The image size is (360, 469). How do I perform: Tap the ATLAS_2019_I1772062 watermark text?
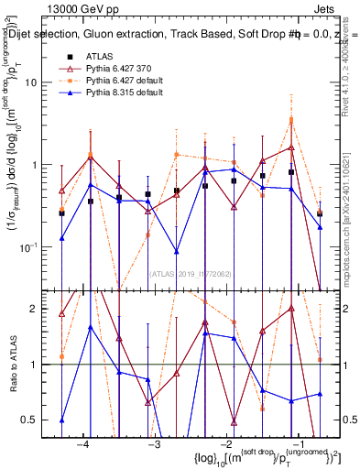[192, 272]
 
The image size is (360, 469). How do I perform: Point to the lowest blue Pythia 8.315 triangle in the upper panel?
[176, 251]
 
